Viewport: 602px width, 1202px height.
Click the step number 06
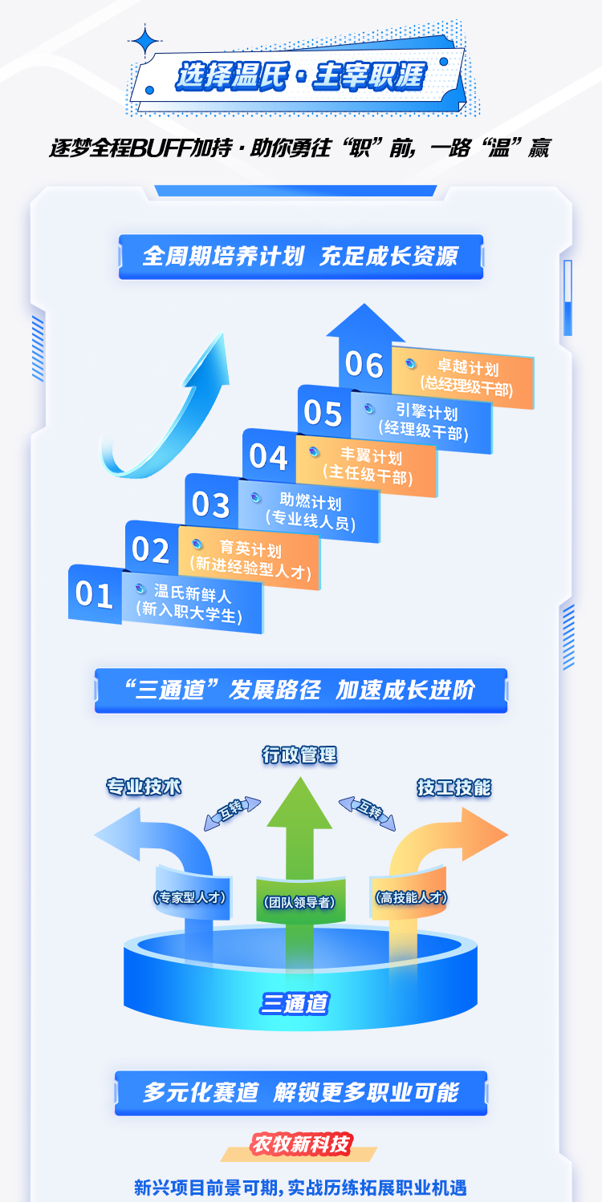point(364,365)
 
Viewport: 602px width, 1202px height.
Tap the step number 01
point(94,595)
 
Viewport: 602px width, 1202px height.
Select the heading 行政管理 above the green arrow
point(299,755)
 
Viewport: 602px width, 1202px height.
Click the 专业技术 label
point(144,787)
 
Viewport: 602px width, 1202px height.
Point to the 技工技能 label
point(454,787)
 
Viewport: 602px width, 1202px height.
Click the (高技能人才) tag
point(410,897)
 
